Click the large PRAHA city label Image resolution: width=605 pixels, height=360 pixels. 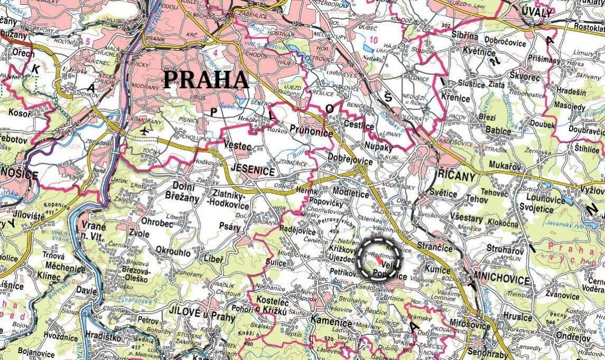(x=206, y=80)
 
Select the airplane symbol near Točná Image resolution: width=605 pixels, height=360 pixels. (x=145, y=131)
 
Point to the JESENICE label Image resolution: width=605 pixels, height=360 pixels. (x=252, y=172)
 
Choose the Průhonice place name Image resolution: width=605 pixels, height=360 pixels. (x=312, y=131)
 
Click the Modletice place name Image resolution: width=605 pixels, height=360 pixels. (x=350, y=194)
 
